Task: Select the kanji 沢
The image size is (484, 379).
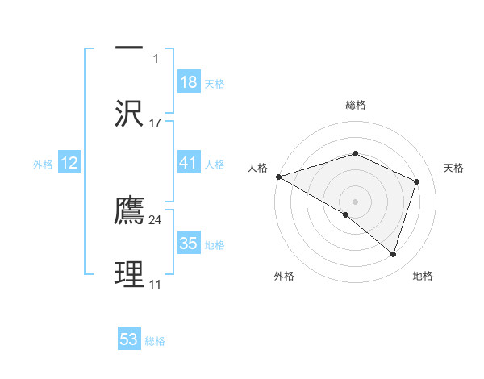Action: [x=129, y=114]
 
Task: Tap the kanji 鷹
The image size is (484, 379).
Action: [x=129, y=210]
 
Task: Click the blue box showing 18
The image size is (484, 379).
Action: [x=188, y=82]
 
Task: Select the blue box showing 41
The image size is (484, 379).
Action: [x=188, y=163]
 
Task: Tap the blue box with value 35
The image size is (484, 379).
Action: [x=188, y=244]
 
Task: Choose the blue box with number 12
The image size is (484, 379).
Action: [x=69, y=163]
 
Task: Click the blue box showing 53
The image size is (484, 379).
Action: [x=129, y=339]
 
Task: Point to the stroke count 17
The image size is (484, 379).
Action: [x=156, y=123]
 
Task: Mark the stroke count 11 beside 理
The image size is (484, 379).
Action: [x=155, y=285]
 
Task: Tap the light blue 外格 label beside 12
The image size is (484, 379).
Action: [x=43, y=164]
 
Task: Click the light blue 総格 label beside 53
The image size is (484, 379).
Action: [x=155, y=341]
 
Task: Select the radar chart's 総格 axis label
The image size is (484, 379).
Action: [x=355, y=105]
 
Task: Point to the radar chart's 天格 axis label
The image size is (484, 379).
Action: [x=454, y=168]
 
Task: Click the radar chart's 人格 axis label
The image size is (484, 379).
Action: [x=257, y=168]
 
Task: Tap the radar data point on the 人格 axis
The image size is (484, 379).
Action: [x=278, y=177]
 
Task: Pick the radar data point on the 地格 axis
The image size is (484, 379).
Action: [x=393, y=254]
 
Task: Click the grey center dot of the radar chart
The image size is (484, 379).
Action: [x=355, y=201]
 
